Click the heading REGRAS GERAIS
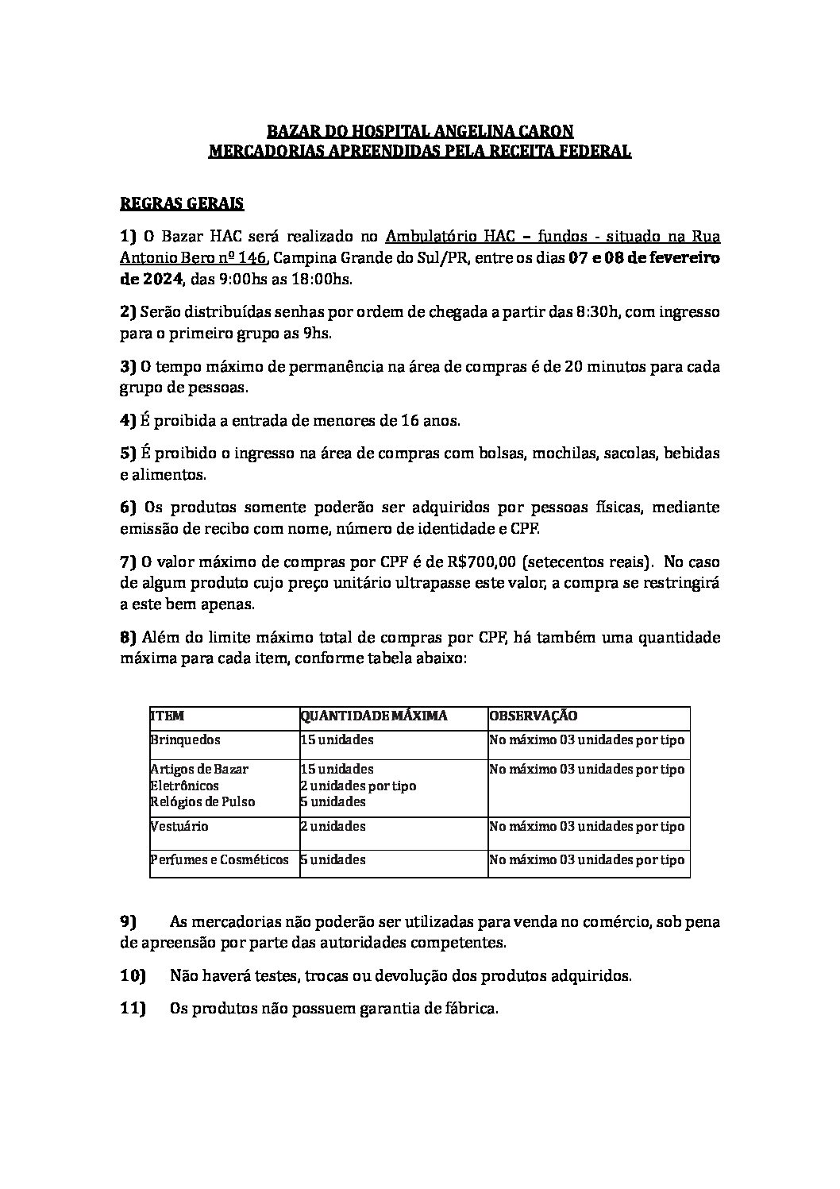[x=181, y=203]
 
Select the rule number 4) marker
[x=128, y=419]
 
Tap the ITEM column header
[x=167, y=716]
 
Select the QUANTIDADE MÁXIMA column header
[x=373, y=716]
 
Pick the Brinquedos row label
[x=185, y=739]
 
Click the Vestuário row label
[x=179, y=826]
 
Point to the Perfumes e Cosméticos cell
[x=219, y=859]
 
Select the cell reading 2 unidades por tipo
[x=358, y=786]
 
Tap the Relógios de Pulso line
[x=202, y=801]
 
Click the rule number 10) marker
[x=133, y=975]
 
